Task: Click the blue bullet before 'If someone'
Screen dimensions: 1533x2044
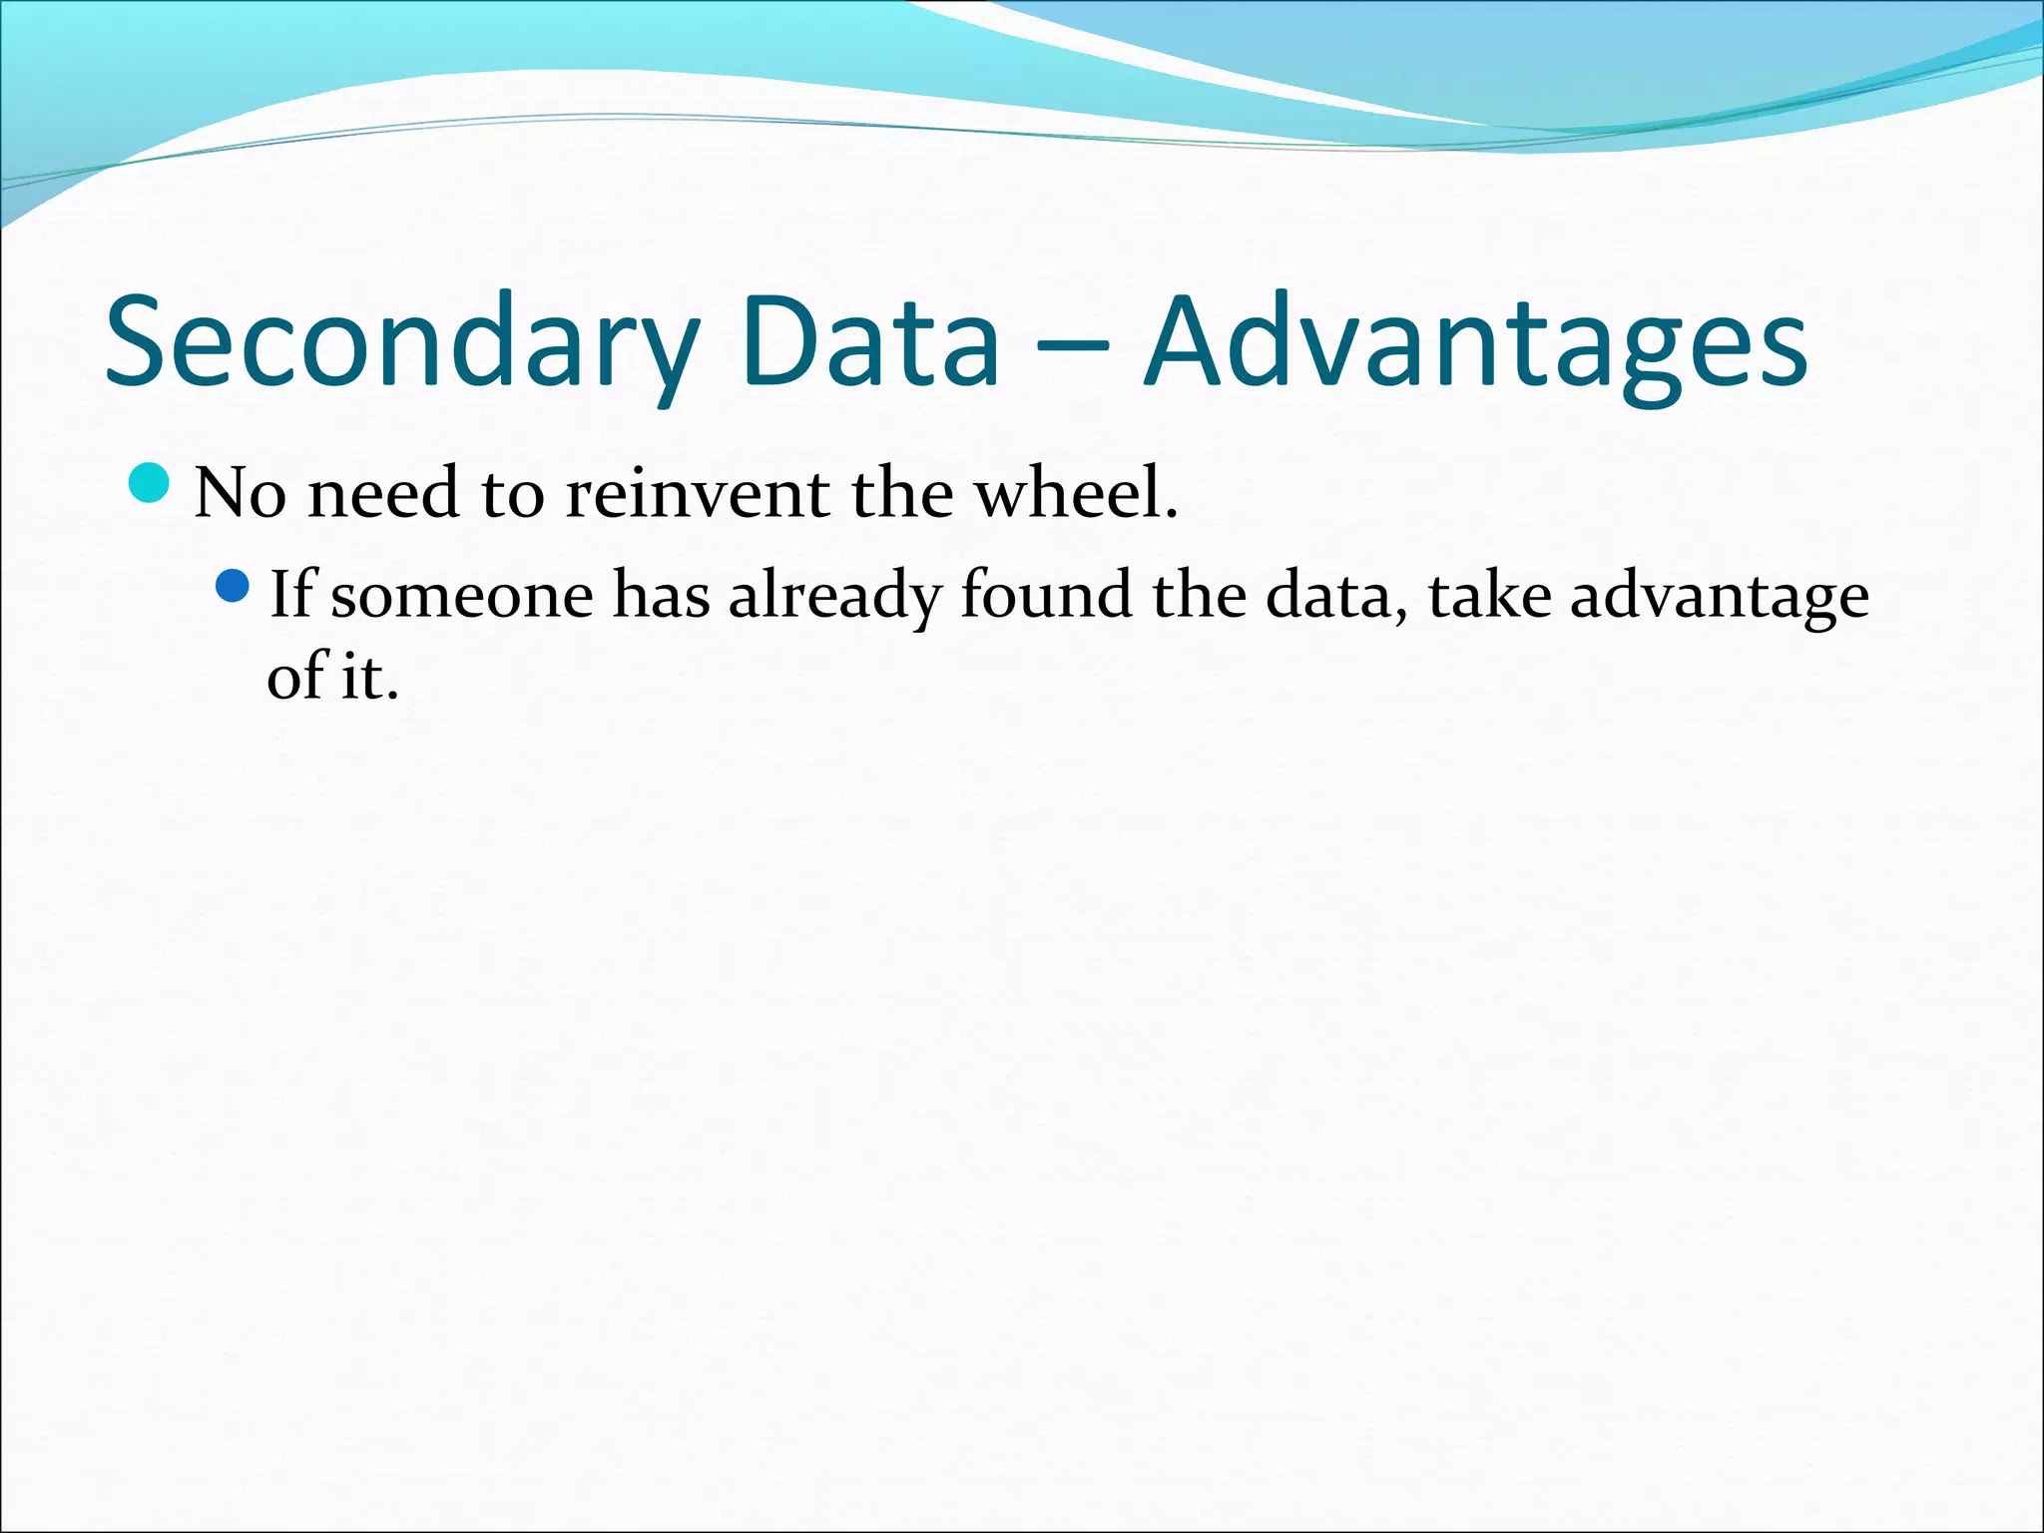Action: pos(232,586)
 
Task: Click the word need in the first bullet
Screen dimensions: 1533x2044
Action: pos(384,493)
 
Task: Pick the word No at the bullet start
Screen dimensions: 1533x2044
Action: pos(240,493)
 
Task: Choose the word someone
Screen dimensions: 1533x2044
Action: pos(461,596)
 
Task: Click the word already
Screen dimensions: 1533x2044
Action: pos(834,596)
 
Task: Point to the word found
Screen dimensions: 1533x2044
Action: pos(1045,596)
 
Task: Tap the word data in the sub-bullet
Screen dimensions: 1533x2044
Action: pos(1332,596)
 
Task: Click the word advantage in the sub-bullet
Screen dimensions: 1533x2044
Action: pos(1719,596)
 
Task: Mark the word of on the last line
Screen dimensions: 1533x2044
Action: pos(297,677)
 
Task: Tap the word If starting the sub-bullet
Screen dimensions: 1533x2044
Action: pos(290,596)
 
